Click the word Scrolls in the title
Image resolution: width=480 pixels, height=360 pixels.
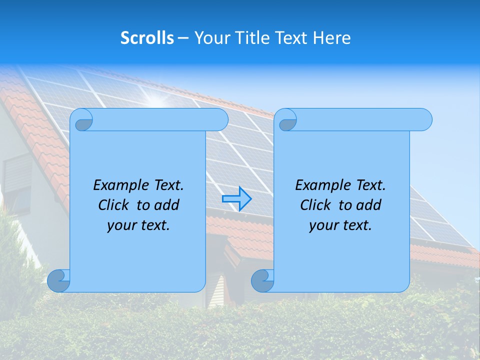[x=147, y=38]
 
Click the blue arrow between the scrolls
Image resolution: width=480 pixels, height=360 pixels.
[x=236, y=198]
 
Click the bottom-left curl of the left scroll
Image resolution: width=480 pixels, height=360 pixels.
[x=58, y=280]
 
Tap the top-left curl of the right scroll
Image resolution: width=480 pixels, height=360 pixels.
[x=286, y=120]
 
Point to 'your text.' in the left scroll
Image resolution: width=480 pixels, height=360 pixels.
[x=138, y=225]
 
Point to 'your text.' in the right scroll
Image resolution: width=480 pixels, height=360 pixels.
[x=340, y=225]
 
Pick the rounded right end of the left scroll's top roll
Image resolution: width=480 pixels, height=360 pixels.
[x=220, y=119]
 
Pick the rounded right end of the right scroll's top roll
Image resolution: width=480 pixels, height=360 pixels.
[x=424, y=119]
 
